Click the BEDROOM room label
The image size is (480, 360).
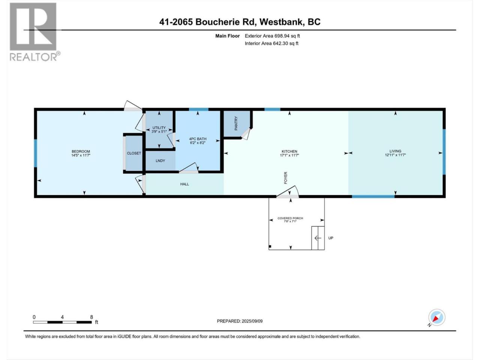click(x=81, y=151)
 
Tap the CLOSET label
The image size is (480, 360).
click(x=134, y=153)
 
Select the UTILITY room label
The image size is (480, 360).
click(x=159, y=127)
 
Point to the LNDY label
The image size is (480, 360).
click(x=160, y=160)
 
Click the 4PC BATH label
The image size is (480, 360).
click(x=198, y=139)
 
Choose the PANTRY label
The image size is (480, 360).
click(x=236, y=123)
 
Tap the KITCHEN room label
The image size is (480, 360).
click(x=289, y=151)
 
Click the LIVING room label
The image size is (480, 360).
click(x=395, y=151)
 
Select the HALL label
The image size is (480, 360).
click(x=184, y=184)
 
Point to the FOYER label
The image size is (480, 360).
click(x=285, y=178)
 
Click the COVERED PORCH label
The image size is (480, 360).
click(x=290, y=218)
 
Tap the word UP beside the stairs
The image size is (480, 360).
click(x=331, y=238)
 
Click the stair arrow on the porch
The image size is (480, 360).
click(x=318, y=238)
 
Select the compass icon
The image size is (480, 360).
click(x=437, y=318)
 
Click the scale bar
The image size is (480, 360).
click(x=62, y=322)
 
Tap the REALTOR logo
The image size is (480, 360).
click(x=34, y=32)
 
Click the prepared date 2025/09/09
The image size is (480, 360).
click(x=252, y=321)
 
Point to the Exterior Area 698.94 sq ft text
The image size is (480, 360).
click(x=272, y=36)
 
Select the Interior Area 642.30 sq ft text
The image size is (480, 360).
click(x=271, y=43)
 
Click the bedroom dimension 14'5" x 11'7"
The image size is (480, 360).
click(x=81, y=155)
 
